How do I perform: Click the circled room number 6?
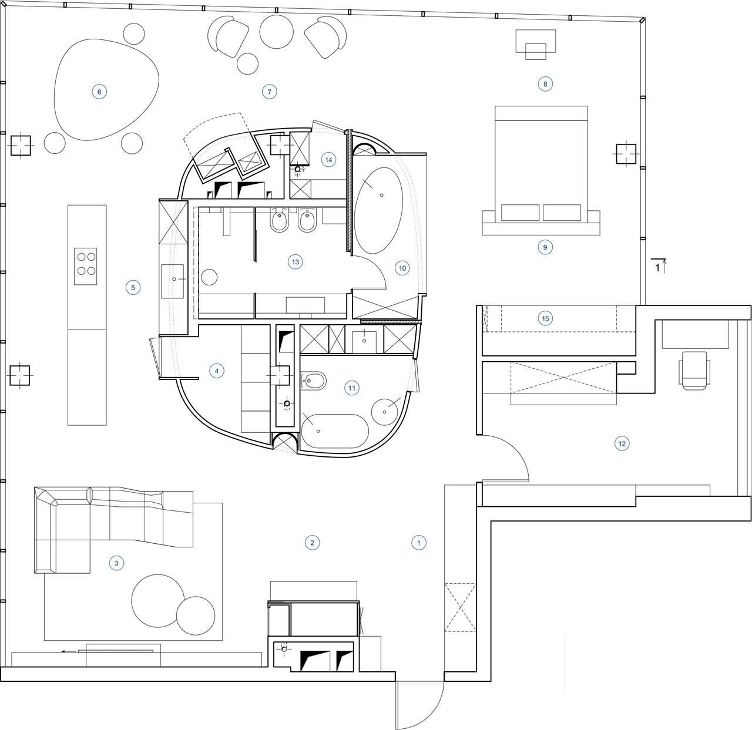click(99, 92)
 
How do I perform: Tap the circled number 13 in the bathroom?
click(296, 262)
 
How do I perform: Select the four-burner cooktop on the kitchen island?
click(86, 267)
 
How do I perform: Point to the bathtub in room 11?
click(335, 431)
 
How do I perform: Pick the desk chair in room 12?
click(694, 370)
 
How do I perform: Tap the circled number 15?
click(545, 318)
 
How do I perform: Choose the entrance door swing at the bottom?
click(420, 705)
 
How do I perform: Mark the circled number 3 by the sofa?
click(116, 563)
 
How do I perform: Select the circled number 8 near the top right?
click(545, 84)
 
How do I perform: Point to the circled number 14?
click(328, 160)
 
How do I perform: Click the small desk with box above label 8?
click(535, 44)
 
